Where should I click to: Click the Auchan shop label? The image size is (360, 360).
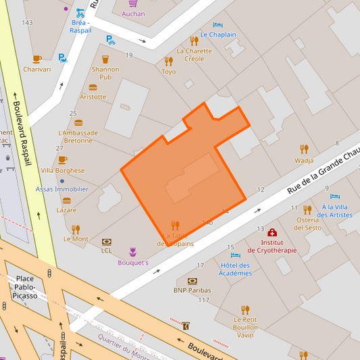click(133, 14)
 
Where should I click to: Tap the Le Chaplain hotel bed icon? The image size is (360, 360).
click(218, 25)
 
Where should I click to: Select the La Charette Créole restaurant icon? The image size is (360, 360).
click(194, 41)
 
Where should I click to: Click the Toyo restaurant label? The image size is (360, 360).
click(169, 72)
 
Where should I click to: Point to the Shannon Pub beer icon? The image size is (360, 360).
click(105, 59)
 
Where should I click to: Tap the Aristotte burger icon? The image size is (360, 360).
click(93, 87)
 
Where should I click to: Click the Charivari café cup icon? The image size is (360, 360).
click(37, 59)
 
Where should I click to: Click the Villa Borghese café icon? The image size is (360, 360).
click(63, 160)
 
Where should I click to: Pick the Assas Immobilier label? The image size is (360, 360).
click(62, 189)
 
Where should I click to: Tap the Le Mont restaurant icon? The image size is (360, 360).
click(76, 229)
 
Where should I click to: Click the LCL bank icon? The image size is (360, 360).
click(106, 241)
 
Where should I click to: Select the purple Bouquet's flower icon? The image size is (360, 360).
click(133, 251)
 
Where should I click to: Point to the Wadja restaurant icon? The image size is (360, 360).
click(304, 149)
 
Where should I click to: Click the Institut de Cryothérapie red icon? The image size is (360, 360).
click(272, 232)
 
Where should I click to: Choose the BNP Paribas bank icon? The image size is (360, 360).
click(192, 280)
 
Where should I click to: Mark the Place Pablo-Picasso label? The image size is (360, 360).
click(25, 287)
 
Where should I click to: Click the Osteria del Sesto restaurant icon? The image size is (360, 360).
click(307, 210)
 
